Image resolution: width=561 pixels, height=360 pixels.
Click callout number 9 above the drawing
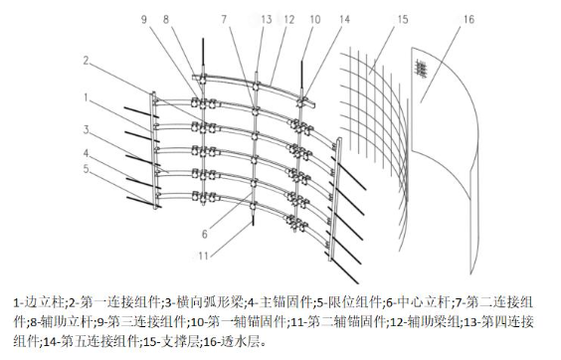[144, 19]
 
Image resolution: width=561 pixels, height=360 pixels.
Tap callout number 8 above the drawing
[166, 19]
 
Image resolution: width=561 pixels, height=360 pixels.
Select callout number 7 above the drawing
[224, 19]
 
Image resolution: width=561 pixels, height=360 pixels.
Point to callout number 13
[267, 19]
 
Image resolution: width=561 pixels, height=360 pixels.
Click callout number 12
[288, 19]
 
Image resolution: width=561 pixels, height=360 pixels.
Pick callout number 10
[315, 19]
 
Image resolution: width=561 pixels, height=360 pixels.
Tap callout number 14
[344, 19]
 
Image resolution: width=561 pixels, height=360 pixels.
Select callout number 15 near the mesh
[403, 19]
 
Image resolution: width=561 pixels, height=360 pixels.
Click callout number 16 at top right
[468, 19]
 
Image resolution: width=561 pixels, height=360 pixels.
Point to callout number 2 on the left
[86, 61]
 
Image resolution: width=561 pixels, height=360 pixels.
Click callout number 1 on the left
[86, 97]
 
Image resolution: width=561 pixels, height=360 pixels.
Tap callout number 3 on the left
[86, 129]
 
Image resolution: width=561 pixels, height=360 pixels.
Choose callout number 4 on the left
[86, 153]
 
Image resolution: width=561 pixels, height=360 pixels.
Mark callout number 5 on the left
[86, 168]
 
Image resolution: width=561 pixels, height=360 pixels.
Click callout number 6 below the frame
[204, 234]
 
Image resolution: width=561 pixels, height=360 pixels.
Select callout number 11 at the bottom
[203, 256]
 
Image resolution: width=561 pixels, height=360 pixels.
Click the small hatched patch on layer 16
[422, 69]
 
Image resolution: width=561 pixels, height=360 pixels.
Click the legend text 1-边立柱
[39, 302]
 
